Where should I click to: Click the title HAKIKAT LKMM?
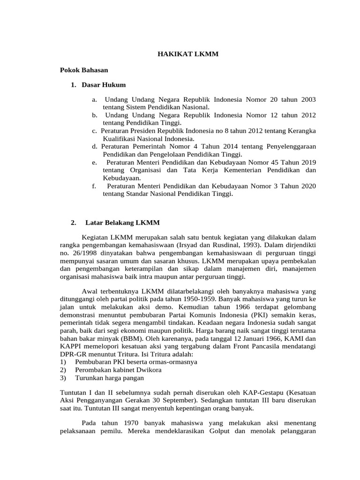pyautogui.click(x=187, y=55)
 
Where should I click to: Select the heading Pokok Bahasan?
pyautogui.click(x=84, y=70)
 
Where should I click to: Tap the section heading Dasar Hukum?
pyautogui.click(x=103, y=85)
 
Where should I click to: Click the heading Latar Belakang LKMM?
pyautogui.click(x=123, y=222)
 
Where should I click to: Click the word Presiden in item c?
pyautogui.click(x=150, y=130)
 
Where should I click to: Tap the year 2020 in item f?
pyautogui.click(x=307, y=186)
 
